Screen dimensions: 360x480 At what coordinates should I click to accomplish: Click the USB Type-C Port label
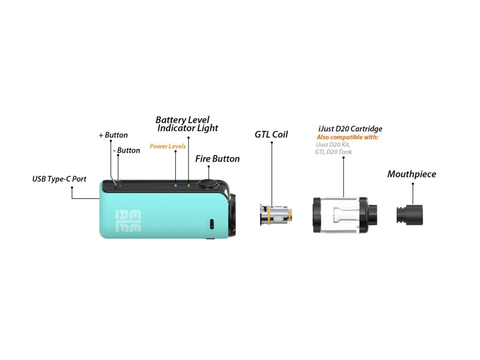click(x=59, y=179)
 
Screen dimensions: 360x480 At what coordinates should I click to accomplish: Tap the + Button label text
click(x=113, y=135)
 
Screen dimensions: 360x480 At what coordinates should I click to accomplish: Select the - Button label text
click(x=127, y=150)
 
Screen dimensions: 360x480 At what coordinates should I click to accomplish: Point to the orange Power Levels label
click(x=168, y=146)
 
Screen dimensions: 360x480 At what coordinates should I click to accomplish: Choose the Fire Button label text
click(x=217, y=159)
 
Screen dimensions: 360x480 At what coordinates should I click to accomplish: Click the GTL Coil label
click(x=271, y=135)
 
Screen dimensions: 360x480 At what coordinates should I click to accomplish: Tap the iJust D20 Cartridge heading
click(x=350, y=129)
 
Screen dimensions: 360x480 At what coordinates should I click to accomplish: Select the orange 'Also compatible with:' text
click(x=347, y=137)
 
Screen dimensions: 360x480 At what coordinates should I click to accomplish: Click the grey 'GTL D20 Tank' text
click(x=333, y=152)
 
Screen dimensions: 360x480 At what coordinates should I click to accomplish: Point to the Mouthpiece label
click(x=412, y=174)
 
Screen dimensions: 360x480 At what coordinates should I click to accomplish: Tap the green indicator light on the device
click(x=188, y=185)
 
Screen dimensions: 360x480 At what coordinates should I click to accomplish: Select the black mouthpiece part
click(x=408, y=213)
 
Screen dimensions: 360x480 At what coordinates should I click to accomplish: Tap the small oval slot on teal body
click(x=211, y=224)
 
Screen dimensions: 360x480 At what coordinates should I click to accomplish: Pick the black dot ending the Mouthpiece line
click(x=412, y=184)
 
